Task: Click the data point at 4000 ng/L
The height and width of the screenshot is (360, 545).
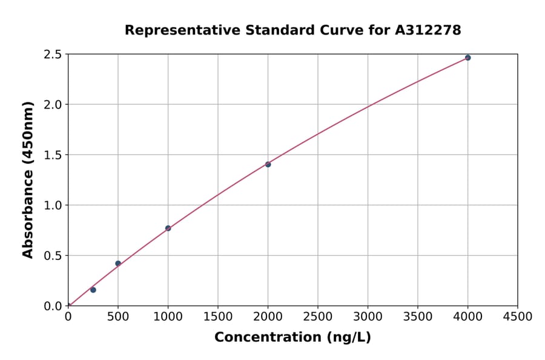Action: click(467, 58)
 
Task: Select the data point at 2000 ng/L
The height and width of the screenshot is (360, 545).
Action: click(268, 164)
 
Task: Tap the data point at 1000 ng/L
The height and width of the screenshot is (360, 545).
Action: click(168, 228)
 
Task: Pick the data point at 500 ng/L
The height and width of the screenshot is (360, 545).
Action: click(118, 264)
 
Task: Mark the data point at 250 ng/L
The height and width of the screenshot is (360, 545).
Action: click(93, 290)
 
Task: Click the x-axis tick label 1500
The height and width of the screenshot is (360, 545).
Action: click(218, 317)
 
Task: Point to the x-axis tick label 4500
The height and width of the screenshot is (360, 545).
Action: click(518, 317)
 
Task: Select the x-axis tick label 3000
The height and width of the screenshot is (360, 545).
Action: click(368, 317)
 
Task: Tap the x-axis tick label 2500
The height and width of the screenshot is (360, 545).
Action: click(318, 317)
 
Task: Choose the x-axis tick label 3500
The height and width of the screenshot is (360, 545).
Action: click(418, 317)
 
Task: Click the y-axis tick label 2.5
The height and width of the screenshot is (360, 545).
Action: click(53, 55)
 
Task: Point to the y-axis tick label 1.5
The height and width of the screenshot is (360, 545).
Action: click(53, 155)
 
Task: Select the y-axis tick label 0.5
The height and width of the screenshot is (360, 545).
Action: click(53, 256)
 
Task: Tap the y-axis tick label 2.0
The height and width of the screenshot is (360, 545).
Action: click(53, 105)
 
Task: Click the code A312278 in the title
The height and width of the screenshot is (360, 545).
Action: click(428, 30)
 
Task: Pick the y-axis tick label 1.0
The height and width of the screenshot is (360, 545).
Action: click(53, 205)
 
